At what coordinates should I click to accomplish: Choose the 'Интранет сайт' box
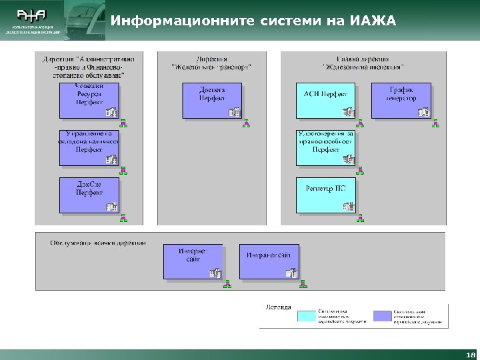(269, 261)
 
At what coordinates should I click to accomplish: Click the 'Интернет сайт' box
(193, 261)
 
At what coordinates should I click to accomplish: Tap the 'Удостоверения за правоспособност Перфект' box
(325, 147)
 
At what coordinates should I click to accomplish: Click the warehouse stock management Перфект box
(89, 147)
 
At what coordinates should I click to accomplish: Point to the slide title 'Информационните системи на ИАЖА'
(253, 21)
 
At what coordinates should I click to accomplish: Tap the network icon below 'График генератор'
(436, 123)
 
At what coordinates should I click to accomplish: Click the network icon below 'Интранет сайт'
(303, 284)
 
